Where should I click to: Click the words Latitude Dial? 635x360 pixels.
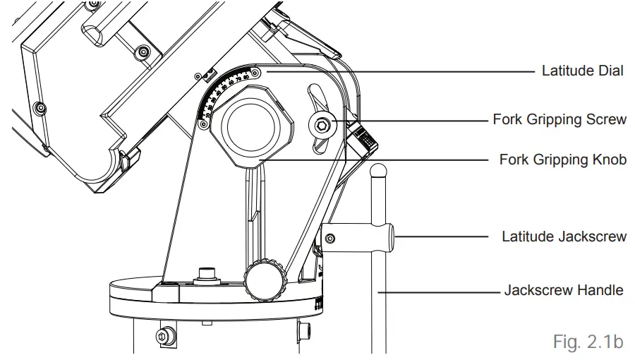[582, 71]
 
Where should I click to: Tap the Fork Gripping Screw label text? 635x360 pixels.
[560, 119]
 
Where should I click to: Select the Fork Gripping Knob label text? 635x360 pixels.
[562, 160]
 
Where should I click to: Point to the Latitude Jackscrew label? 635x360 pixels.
[564, 236]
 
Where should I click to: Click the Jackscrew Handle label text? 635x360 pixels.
[564, 290]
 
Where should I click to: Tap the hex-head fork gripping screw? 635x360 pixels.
[322, 125]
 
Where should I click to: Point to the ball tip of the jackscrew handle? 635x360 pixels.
[380, 170]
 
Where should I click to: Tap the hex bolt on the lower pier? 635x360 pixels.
[165, 336]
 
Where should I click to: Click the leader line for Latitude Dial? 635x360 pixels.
[395, 71]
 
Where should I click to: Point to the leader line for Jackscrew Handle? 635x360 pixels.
[437, 290]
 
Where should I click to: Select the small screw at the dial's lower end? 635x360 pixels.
[204, 124]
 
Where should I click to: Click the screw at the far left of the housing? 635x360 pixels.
[41, 107]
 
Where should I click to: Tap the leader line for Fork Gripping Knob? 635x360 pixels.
[374, 160]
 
